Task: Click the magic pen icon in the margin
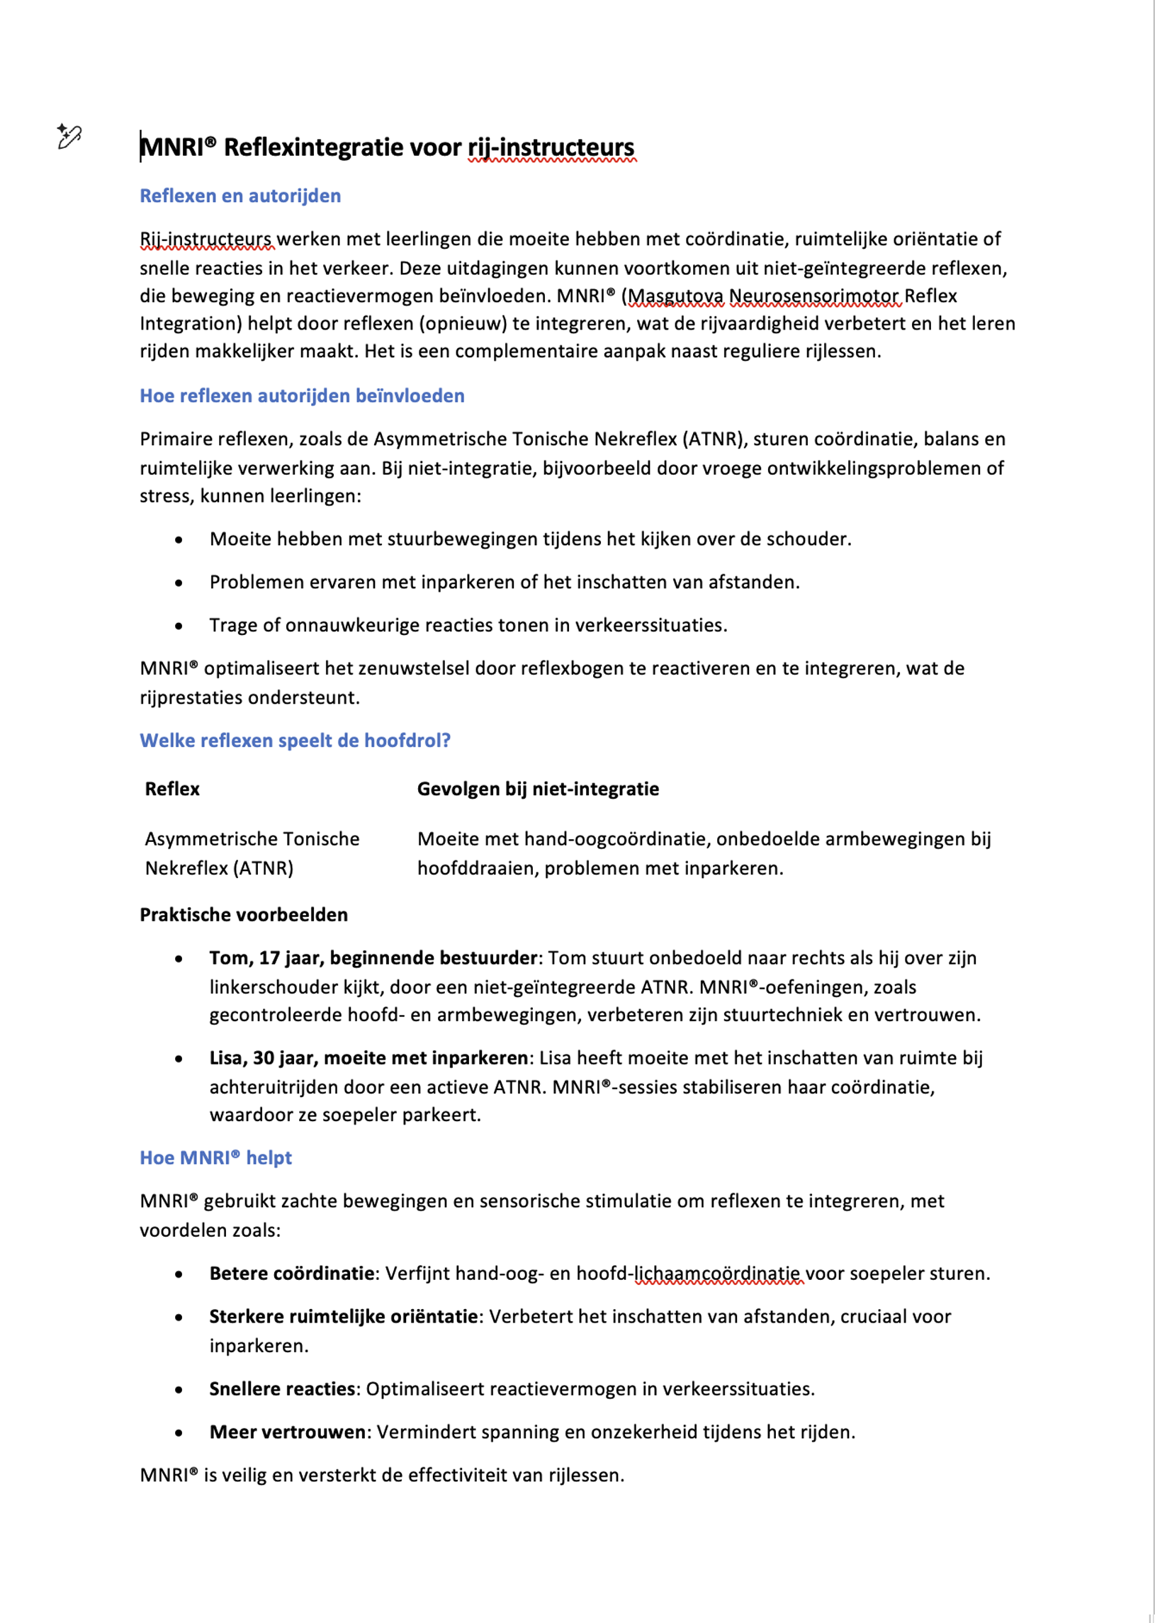click(69, 136)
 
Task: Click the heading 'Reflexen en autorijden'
click(240, 196)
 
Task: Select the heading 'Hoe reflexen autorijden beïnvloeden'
click(302, 395)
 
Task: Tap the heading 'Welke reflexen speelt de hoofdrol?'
click(295, 741)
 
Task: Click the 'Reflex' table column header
click(172, 789)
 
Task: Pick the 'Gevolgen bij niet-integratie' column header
click(538, 789)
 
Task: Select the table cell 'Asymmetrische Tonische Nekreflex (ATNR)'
click(252, 853)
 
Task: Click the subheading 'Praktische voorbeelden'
click(243, 915)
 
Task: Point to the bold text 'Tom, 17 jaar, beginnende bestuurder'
click(373, 958)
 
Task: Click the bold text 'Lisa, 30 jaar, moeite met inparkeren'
click(368, 1057)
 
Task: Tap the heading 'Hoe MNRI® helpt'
click(215, 1158)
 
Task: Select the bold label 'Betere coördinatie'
click(292, 1273)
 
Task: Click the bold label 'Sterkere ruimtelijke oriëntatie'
click(343, 1316)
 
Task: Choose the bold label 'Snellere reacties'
click(282, 1388)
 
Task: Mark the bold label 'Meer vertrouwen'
click(287, 1432)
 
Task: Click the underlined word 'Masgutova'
click(676, 296)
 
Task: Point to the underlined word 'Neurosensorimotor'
click(814, 296)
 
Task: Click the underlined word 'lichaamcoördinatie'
click(718, 1273)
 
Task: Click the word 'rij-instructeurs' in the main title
click(551, 147)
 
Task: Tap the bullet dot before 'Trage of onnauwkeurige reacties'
click(179, 626)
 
